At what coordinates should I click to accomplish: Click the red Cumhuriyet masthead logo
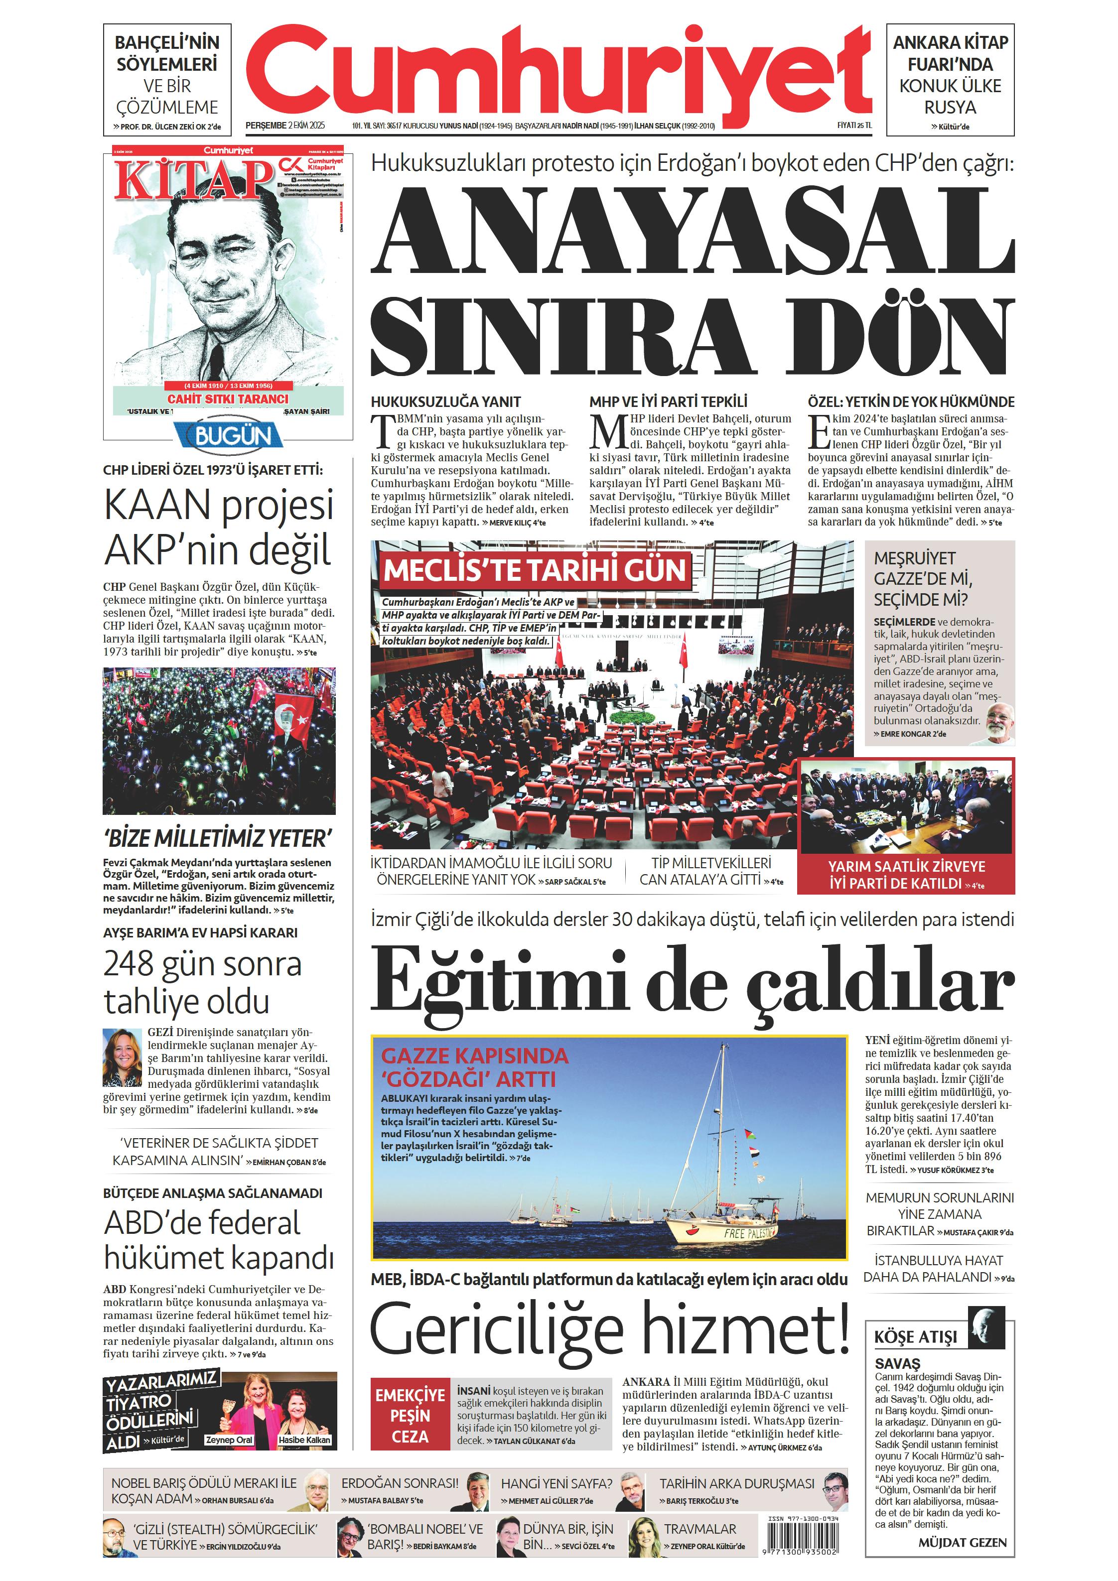pos(558,74)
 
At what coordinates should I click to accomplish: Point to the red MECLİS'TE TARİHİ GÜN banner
pos(534,570)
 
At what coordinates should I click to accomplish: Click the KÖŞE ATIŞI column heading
pos(916,1337)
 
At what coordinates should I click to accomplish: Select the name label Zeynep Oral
pos(229,1441)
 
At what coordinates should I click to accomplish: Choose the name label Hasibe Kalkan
pos(304,1441)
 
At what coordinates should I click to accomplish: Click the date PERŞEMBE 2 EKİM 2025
pos(284,126)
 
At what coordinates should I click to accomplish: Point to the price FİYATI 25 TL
pos(854,126)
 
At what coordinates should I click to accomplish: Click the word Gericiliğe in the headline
pos(496,1329)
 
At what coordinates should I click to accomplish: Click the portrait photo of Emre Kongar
pos(997,723)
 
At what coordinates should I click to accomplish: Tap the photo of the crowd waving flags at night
pos(219,740)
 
